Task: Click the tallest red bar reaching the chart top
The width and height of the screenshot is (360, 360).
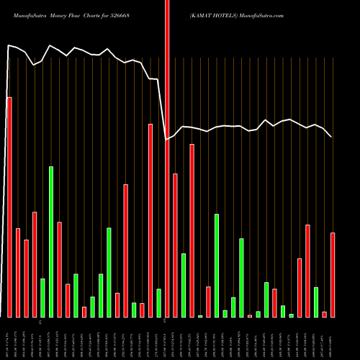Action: click(167, 158)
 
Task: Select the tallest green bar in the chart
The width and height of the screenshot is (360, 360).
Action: click(51, 241)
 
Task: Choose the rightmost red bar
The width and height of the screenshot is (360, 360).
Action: click(333, 274)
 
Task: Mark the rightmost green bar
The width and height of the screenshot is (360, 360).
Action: click(316, 302)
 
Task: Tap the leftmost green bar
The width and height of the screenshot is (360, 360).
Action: click(42, 297)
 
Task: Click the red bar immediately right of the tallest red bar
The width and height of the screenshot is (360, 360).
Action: click(175, 245)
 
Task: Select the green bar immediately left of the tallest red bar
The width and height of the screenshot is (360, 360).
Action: click(158, 302)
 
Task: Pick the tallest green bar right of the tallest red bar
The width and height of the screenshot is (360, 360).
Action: click(217, 265)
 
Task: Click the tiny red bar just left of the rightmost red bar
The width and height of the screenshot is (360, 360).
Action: click(325, 314)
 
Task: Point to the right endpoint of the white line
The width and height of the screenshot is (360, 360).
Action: click(331, 137)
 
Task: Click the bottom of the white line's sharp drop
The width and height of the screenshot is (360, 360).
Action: click(167, 139)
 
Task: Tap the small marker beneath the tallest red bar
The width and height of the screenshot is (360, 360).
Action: click(167, 320)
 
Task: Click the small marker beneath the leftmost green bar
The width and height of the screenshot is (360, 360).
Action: click(41, 320)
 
